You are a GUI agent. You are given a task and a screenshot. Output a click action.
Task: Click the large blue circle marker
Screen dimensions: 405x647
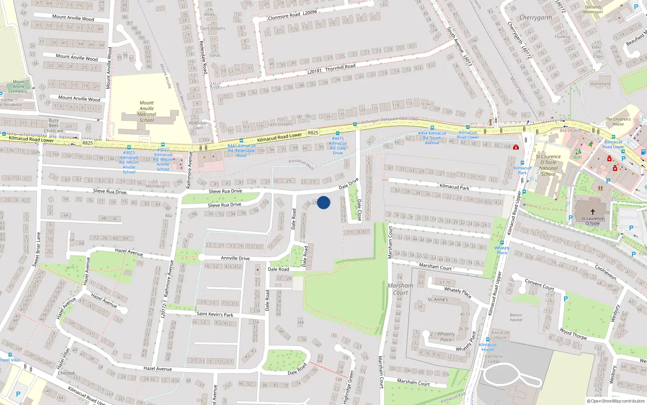pyautogui.click(x=323, y=202)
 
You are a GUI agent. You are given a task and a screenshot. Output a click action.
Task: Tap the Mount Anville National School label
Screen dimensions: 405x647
pyautogui.click(x=147, y=111)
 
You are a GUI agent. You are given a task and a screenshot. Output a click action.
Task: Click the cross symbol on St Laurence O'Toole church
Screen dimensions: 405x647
pyautogui.click(x=593, y=211)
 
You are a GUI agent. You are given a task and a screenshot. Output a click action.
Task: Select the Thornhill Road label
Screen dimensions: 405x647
pyautogui.click(x=340, y=67)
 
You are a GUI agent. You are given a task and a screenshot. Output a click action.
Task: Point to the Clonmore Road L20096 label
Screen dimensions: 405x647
pyautogui.click(x=292, y=15)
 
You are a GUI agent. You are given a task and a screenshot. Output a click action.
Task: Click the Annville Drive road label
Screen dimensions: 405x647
pyautogui.click(x=235, y=258)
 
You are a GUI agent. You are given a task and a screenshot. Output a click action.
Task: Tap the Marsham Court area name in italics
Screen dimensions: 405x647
pyautogui.click(x=400, y=289)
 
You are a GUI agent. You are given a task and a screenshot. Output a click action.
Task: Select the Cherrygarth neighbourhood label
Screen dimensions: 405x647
pyautogui.click(x=535, y=18)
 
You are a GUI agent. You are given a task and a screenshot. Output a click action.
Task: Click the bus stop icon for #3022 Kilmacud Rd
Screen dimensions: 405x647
pyautogui.click(x=163, y=145)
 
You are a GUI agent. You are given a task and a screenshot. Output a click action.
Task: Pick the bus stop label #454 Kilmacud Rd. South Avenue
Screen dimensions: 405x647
pyautogui.click(x=432, y=138)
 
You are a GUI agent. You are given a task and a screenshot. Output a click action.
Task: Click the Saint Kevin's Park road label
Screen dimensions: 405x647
pyautogui.click(x=215, y=314)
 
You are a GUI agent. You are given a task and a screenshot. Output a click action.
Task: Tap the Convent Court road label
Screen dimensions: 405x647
pyautogui.click(x=539, y=284)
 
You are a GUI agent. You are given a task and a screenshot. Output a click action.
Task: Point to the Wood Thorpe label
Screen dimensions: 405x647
pyautogui.click(x=573, y=334)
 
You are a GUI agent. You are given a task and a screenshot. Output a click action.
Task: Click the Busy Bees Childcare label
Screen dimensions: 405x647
pyautogui.click(x=54, y=125)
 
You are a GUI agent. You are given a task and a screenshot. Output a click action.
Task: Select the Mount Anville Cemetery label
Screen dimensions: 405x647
pyautogui.click(x=19, y=86)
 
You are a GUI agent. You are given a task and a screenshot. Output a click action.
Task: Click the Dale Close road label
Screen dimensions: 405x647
pyautogui.click(x=359, y=209)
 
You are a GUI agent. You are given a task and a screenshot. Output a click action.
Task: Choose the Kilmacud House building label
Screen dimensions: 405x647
pyautogui.click(x=500, y=335)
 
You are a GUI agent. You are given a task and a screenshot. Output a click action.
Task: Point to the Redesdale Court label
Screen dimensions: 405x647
pyautogui.click(x=198, y=125)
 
